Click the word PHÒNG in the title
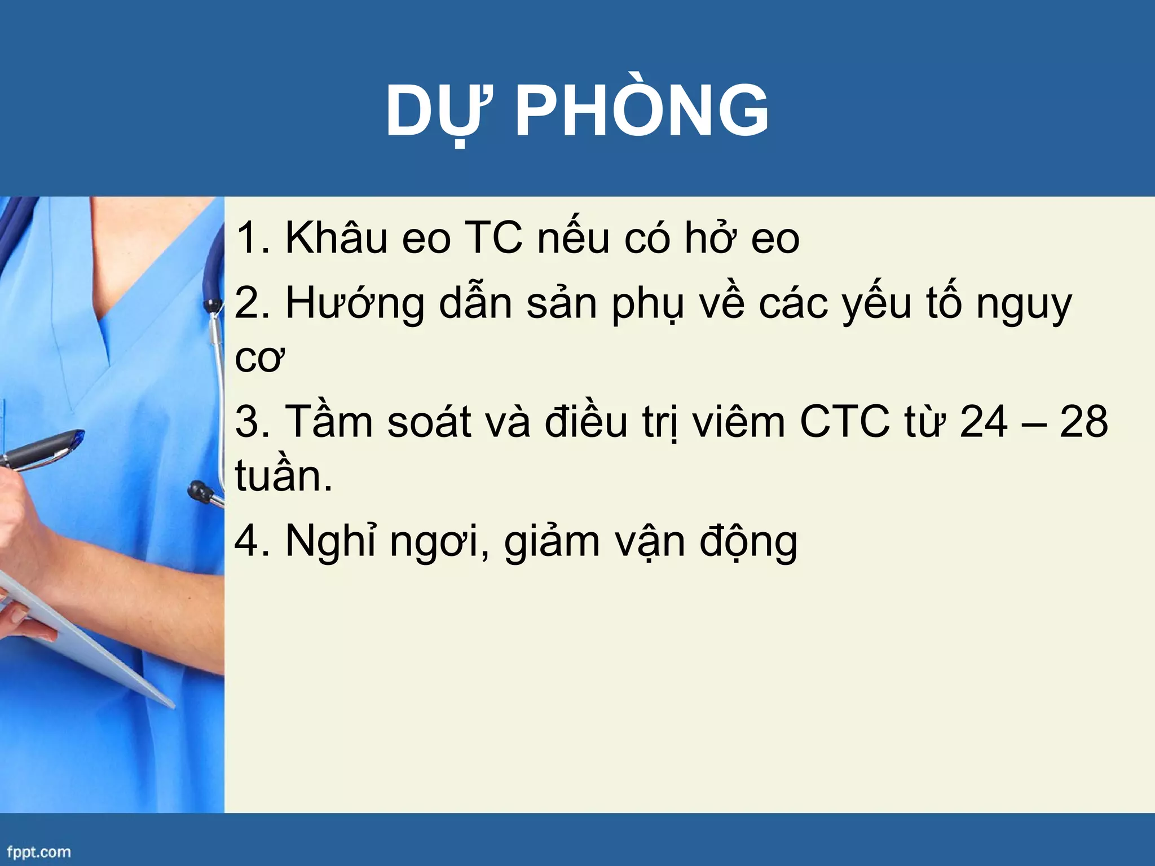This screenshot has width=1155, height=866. pyautogui.click(x=642, y=111)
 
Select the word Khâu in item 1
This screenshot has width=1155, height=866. pyautogui.click(x=336, y=238)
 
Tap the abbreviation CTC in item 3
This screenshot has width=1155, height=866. pyautogui.click(x=844, y=422)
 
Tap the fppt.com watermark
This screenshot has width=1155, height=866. pyautogui.click(x=39, y=851)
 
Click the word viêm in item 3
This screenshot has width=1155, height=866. pyautogui.click(x=739, y=422)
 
